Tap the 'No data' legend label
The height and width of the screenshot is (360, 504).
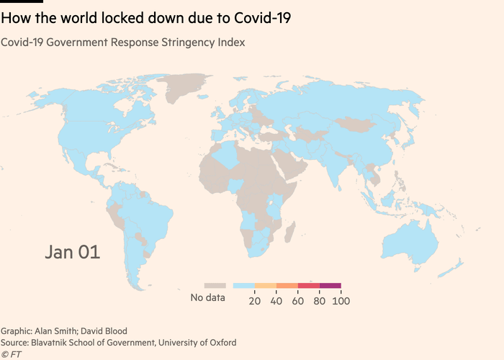(208, 298)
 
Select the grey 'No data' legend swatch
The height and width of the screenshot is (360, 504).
(215, 286)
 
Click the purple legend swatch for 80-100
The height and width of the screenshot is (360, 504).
(330, 286)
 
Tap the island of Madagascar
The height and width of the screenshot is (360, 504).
(290, 232)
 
